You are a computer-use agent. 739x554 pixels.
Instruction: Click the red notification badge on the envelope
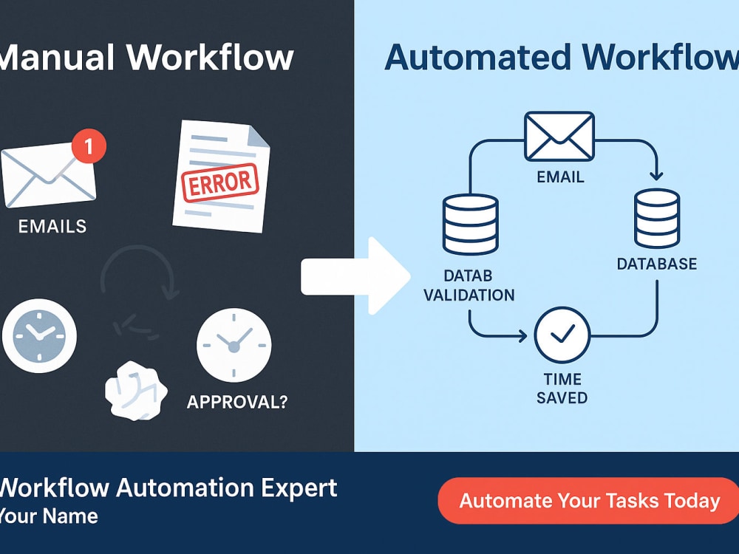(x=89, y=146)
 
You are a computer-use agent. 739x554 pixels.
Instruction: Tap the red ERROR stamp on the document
(x=220, y=182)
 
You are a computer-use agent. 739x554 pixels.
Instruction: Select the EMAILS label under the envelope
(x=52, y=227)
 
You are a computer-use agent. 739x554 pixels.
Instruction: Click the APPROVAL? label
(x=237, y=402)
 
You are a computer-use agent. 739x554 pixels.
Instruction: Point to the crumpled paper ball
(x=136, y=391)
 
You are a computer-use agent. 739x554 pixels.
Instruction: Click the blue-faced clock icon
(x=39, y=335)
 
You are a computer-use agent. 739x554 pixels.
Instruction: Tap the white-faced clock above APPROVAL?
(x=234, y=345)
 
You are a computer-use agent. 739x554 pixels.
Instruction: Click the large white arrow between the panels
(x=355, y=276)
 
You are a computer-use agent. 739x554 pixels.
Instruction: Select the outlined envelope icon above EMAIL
(x=559, y=136)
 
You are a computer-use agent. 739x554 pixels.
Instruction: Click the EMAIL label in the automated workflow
(x=560, y=177)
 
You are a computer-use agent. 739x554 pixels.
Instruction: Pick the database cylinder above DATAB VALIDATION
(x=470, y=225)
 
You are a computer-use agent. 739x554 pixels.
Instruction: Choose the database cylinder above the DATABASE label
(x=656, y=218)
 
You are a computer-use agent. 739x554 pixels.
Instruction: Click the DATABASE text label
(x=657, y=264)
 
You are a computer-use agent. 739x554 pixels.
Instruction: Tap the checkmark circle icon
(x=562, y=335)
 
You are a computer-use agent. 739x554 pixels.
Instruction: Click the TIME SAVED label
(x=562, y=389)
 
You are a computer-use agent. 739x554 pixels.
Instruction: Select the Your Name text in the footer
(x=48, y=516)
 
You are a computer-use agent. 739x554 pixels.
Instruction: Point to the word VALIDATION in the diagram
(x=469, y=295)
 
